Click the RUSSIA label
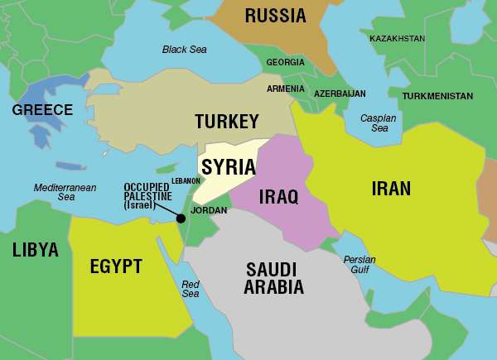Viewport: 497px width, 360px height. (276, 16)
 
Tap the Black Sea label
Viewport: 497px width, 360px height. (185, 50)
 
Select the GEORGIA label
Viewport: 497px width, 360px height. (285, 62)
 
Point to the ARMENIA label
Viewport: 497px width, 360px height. (285, 89)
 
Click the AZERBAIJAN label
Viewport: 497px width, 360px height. (340, 94)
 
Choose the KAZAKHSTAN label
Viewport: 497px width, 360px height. (398, 39)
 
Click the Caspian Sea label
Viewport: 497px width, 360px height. (379, 123)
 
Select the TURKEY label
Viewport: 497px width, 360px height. (227, 122)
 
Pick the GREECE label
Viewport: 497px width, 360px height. (42, 110)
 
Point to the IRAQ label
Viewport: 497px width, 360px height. (278, 197)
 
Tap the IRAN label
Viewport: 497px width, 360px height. (391, 188)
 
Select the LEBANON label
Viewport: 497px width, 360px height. (186, 180)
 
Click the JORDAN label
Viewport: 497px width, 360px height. (208, 210)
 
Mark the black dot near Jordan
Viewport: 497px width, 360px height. (180, 218)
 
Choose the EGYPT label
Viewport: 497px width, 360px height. (116, 266)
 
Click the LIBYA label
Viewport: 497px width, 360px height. (35, 250)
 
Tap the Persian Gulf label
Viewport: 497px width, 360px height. (359, 265)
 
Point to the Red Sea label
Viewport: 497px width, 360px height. (191, 289)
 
